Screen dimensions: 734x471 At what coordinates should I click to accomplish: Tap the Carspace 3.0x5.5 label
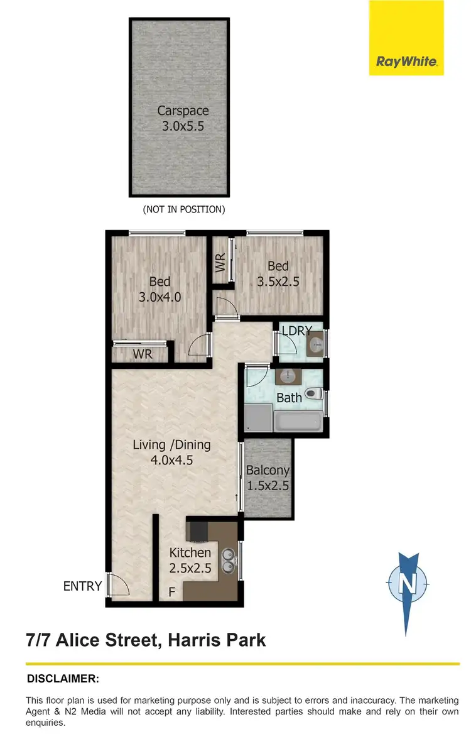click(183, 118)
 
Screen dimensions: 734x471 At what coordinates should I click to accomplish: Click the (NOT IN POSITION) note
click(183, 209)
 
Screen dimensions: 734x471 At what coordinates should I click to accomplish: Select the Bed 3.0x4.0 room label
click(160, 289)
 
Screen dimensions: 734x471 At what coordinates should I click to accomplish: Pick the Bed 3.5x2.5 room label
click(278, 275)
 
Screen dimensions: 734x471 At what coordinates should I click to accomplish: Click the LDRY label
click(297, 331)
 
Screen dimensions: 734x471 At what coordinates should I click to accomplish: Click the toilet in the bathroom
click(313, 395)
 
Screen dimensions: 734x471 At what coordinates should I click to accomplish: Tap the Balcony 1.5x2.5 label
click(268, 478)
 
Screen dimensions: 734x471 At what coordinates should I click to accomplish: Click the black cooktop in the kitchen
click(199, 532)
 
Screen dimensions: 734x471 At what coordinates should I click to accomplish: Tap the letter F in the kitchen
click(171, 592)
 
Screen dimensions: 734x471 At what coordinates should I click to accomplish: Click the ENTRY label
click(82, 586)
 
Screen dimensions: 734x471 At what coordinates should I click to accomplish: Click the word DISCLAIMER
click(63, 679)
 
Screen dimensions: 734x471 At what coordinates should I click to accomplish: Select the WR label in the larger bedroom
click(143, 354)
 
